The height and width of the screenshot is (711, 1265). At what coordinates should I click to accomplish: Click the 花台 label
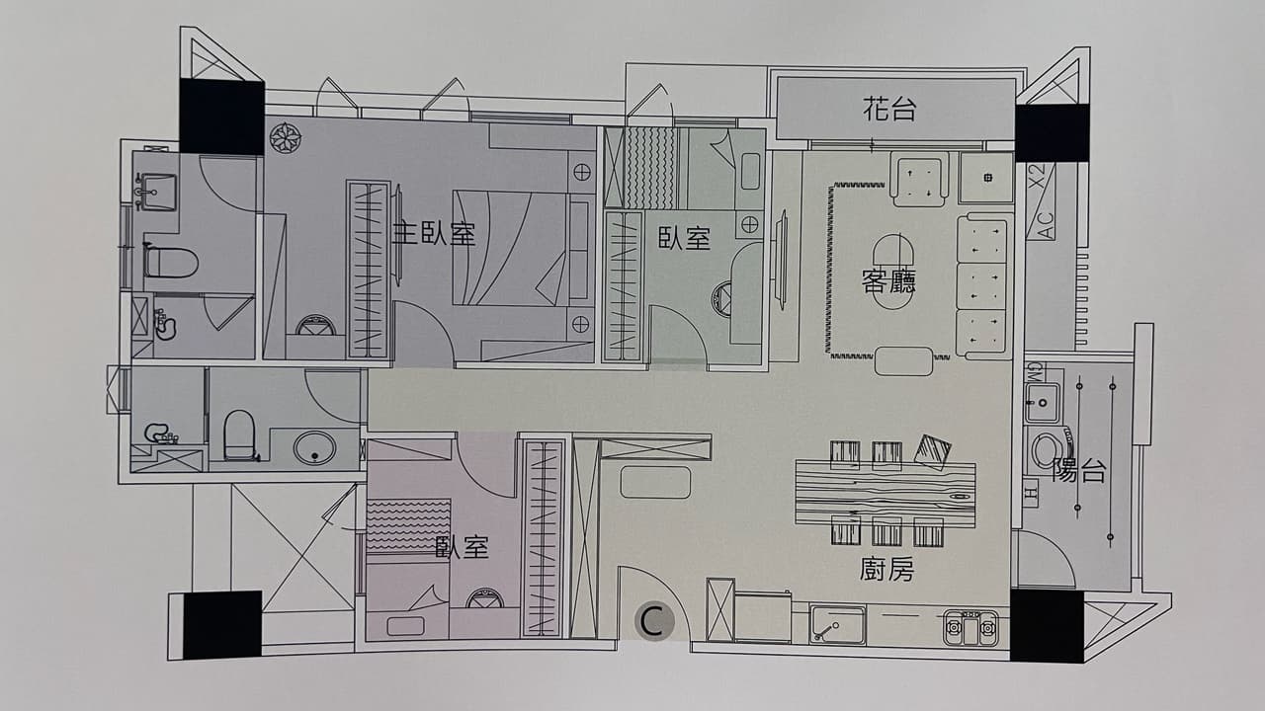(x=888, y=109)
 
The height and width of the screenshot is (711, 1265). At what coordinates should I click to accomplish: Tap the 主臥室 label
(x=434, y=233)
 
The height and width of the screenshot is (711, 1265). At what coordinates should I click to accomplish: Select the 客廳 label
(x=888, y=280)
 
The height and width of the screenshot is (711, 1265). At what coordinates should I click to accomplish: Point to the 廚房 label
(x=886, y=569)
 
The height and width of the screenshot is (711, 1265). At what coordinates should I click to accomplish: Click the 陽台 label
(x=1078, y=471)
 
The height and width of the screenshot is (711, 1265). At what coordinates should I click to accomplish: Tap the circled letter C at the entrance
(x=654, y=621)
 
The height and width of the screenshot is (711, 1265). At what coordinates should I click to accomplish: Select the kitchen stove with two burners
(x=970, y=626)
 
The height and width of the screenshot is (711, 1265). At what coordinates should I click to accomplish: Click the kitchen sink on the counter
(x=837, y=624)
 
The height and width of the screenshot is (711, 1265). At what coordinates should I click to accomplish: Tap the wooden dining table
(x=885, y=494)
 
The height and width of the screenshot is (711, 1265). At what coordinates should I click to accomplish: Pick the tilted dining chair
(x=932, y=451)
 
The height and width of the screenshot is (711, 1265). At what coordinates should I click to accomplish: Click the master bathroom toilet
(x=170, y=263)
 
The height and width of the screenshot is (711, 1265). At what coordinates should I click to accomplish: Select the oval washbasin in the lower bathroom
(x=314, y=448)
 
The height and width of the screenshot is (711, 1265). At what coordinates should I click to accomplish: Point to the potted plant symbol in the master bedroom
(x=286, y=137)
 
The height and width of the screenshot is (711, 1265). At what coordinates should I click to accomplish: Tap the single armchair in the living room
(x=919, y=180)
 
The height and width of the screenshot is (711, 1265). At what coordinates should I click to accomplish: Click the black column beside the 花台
(x=1052, y=133)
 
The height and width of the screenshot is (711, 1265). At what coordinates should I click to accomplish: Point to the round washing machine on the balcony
(x=1047, y=451)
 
